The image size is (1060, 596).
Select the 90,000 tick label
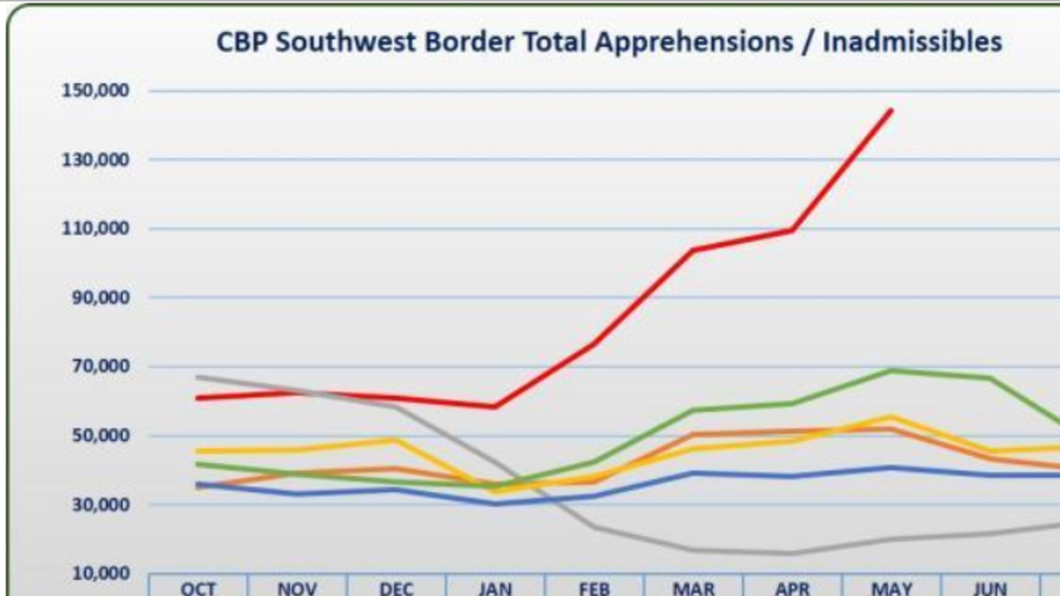point(101,298)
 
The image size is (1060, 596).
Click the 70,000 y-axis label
point(101,366)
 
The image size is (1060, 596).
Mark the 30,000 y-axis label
point(101,504)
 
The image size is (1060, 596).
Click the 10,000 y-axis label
point(101,573)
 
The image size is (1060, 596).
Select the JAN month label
point(495,588)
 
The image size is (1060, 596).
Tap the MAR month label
point(694,588)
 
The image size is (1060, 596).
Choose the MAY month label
point(892,588)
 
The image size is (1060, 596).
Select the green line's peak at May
point(891,371)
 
